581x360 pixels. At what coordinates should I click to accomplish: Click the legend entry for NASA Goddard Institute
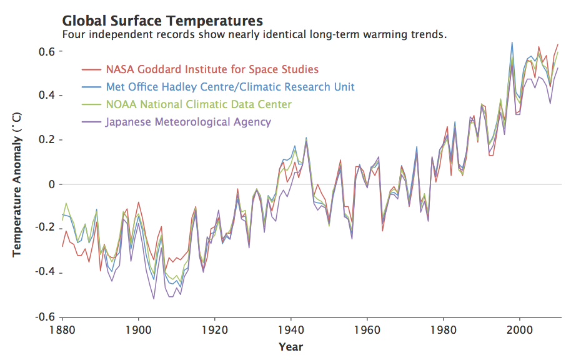(212, 69)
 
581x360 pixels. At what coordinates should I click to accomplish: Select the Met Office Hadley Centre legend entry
(231, 87)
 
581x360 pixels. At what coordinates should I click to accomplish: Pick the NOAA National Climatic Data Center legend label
(198, 104)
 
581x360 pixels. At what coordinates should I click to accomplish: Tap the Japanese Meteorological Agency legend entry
(188, 122)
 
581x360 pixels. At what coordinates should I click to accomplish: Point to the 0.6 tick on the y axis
(47, 51)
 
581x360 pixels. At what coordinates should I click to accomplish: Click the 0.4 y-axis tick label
(47, 96)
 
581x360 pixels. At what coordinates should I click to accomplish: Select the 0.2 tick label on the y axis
(47, 140)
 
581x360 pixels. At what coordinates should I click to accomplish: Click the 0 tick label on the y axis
(52, 184)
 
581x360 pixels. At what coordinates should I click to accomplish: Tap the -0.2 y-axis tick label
(45, 229)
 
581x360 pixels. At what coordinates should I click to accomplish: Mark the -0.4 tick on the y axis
(45, 273)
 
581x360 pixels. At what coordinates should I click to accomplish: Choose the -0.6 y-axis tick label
(45, 317)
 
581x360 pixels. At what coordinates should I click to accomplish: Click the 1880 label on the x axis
(62, 329)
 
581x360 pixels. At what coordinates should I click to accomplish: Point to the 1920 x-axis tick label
(215, 329)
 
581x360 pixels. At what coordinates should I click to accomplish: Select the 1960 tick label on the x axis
(367, 329)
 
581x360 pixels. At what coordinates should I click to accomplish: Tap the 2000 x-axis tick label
(520, 329)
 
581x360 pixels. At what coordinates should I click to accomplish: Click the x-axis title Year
(291, 346)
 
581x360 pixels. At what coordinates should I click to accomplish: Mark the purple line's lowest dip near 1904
(154, 299)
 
